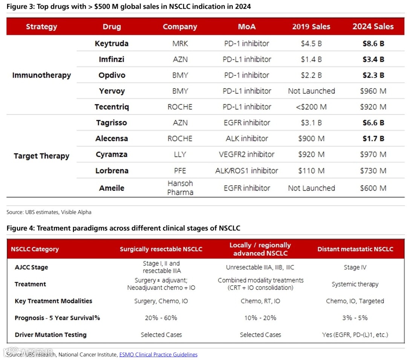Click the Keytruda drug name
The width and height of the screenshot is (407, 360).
(112, 43)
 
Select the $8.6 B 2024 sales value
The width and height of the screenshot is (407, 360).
(373, 43)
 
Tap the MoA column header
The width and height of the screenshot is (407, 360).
(247, 27)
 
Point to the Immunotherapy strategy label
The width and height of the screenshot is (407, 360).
(41, 75)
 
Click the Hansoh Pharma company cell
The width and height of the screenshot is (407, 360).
(180, 188)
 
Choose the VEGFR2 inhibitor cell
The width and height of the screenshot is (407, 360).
(247, 154)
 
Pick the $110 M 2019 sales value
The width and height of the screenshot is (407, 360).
(311, 171)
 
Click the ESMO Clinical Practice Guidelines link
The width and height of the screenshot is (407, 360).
(158, 354)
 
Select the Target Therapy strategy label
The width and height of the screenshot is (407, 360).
(41, 156)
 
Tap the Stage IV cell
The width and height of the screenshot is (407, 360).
(355, 267)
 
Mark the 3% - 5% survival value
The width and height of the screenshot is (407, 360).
(355, 318)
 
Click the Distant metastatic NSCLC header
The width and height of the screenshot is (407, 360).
(355, 249)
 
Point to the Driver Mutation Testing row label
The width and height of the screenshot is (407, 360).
(50, 335)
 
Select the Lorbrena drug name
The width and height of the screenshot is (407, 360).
(112, 171)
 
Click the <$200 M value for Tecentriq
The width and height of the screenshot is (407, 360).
(311, 107)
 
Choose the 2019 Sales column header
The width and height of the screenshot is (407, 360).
(311, 27)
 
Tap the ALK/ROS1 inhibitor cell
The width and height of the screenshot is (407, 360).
(247, 171)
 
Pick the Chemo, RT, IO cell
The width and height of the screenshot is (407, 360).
(260, 301)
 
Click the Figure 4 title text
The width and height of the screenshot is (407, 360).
(123, 228)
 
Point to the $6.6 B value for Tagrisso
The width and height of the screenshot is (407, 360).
(373, 123)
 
